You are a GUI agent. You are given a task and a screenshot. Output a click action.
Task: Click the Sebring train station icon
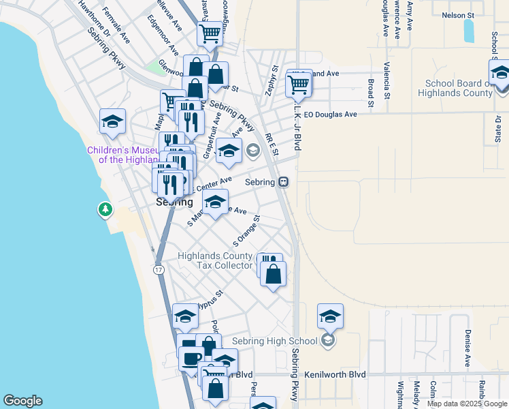pos(283,182)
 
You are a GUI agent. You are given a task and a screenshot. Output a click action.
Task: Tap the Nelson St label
pos(458,14)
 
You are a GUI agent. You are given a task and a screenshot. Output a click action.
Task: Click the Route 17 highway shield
pos(159,271)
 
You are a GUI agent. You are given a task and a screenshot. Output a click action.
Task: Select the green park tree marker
pos(105,209)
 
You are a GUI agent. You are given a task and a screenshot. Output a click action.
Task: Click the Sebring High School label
pos(275,341)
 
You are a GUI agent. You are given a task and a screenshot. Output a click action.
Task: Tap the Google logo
pos(22,401)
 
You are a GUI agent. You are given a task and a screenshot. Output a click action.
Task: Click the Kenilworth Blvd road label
pos(337,374)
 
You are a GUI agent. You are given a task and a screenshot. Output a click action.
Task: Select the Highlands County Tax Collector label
pos(215,260)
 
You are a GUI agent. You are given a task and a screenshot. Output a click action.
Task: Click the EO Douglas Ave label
pos(330,115)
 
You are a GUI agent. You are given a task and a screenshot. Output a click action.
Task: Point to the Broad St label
pos(371,93)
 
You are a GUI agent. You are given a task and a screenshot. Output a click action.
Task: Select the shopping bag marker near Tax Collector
pos(273,274)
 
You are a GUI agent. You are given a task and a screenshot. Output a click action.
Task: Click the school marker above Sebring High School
pos(330,316)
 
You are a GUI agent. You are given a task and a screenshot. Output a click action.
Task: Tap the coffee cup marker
pos(191,358)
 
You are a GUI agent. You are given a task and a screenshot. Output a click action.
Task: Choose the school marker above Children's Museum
pos(112,122)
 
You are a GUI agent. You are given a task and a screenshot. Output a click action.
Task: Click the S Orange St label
pos(246,231)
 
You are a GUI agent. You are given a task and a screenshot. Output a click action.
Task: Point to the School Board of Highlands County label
pos(455,87)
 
